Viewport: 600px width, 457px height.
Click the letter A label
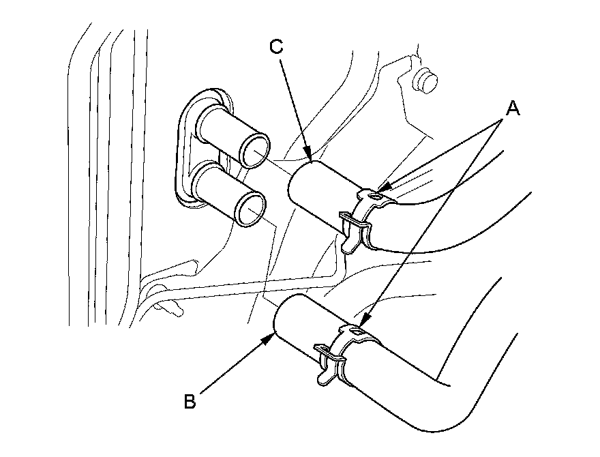click(x=512, y=108)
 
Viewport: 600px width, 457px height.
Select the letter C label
click(x=276, y=46)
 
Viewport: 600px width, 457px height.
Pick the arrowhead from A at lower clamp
click(x=361, y=323)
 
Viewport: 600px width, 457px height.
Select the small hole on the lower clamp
click(x=357, y=332)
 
